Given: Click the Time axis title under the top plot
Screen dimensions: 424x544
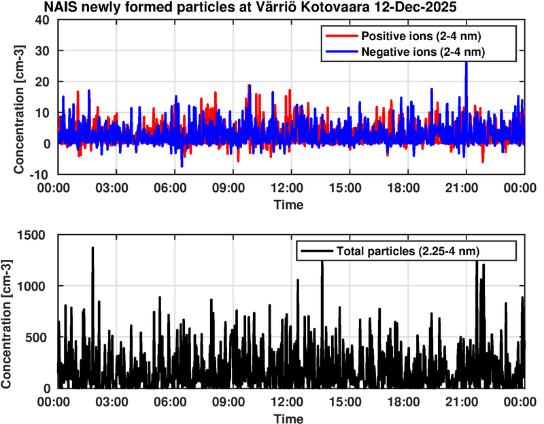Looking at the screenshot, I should [x=290, y=203].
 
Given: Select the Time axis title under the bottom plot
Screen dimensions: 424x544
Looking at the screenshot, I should [x=290, y=417].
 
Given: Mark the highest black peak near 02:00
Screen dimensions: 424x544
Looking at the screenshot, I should [x=92, y=249].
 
